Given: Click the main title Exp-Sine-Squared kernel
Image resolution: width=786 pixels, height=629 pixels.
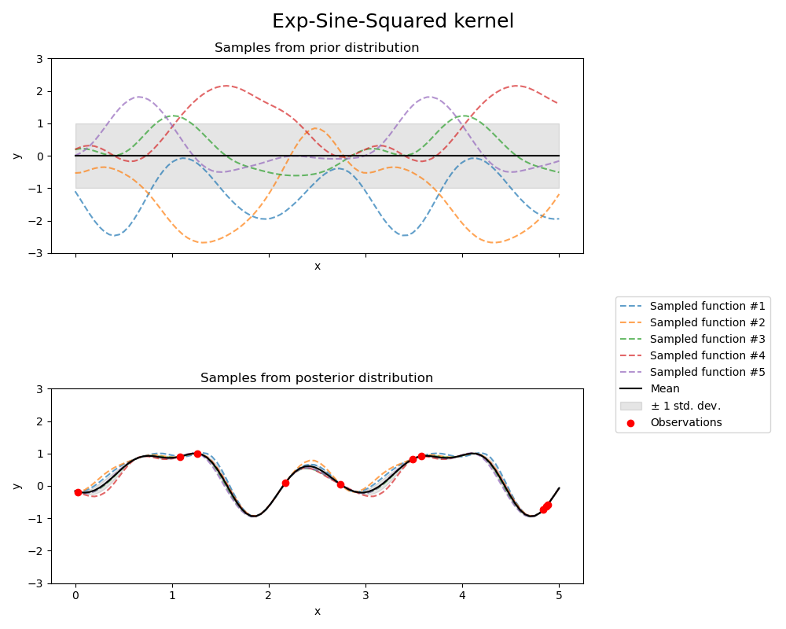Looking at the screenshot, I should click(393, 21).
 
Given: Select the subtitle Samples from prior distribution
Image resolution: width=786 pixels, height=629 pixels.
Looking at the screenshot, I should click(317, 48).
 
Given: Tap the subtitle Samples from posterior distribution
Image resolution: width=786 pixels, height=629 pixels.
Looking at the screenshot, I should click(317, 378).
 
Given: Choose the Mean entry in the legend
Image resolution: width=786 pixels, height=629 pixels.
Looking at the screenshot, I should click(665, 388).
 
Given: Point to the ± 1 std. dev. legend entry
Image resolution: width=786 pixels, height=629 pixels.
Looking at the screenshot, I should click(685, 406).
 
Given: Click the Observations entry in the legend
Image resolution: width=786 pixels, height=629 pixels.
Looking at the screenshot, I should click(685, 422).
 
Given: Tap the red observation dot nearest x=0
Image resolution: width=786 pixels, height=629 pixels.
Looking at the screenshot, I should click(78, 492).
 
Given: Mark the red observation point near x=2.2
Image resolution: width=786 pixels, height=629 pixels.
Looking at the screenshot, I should click(285, 483).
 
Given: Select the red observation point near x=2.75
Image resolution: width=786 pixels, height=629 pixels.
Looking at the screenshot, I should click(340, 484).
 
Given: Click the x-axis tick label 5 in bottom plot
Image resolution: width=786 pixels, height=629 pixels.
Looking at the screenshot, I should click(559, 596).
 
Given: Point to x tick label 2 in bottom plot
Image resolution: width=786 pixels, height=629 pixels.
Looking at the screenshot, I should click(269, 596).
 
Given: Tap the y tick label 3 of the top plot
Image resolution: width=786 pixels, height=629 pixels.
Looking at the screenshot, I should click(40, 59).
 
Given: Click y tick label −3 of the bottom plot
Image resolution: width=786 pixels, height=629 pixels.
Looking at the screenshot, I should click(37, 583).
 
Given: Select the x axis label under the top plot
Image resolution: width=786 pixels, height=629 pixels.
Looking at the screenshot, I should click(317, 267).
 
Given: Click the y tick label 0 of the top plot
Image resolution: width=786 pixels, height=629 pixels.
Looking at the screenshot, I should click(40, 156).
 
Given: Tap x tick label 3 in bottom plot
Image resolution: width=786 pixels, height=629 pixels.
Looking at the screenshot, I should click(365, 596).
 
